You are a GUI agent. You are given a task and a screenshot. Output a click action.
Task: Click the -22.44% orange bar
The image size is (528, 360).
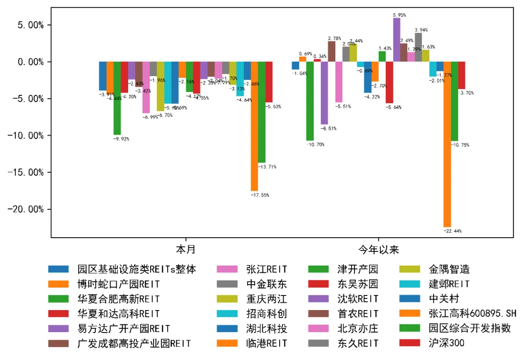click(447, 144)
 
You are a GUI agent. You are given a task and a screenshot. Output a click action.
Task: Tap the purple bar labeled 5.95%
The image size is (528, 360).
click(396, 40)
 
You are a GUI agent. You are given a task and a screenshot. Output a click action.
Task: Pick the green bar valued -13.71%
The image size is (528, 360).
click(262, 112)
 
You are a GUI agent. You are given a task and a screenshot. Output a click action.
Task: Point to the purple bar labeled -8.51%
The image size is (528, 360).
click(324, 93)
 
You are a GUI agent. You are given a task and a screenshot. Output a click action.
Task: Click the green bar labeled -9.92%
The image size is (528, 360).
click(117, 98)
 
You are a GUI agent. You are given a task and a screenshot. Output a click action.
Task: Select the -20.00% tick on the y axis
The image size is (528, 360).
click(27, 209)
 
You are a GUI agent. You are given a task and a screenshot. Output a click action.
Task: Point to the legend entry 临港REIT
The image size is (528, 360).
click(266, 343)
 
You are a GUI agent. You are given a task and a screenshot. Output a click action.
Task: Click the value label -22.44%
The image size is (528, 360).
click(452, 231)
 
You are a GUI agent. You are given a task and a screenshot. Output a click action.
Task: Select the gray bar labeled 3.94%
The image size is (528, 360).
click(418, 47)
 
